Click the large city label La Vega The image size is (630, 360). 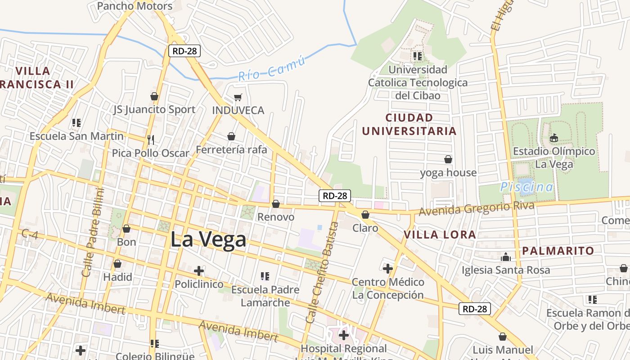[x=208, y=239]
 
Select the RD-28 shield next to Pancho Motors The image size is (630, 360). [x=184, y=51]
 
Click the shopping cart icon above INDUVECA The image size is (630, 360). [x=238, y=97]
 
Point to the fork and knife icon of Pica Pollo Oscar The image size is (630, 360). [x=151, y=140]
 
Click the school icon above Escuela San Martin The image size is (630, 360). [x=76, y=123]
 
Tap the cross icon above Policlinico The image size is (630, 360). [x=199, y=271]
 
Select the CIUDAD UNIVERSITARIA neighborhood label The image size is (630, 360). [x=409, y=124]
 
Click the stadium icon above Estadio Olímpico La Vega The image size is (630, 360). [x=554, y=138]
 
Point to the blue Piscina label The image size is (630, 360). [x=526, y=187]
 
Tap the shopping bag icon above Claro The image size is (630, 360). [x=365, y=215]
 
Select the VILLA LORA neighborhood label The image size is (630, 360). [x=440, y=234]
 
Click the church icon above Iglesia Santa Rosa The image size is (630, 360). [x=506, y=257]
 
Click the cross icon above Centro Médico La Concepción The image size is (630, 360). [x=388, y=269]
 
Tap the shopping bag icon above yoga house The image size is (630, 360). [x=448, y=159]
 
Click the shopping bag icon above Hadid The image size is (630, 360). [x=117, y=264]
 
